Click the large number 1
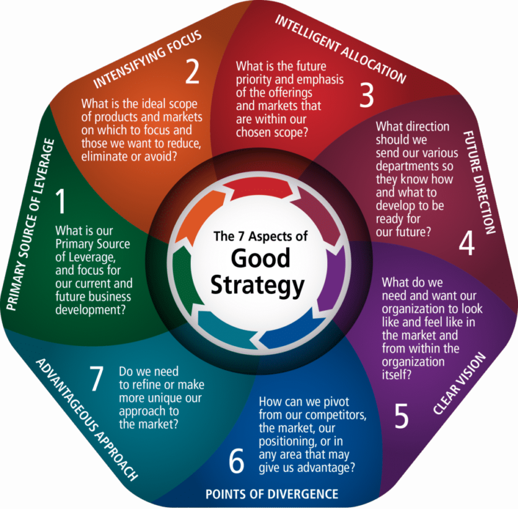[61, 201]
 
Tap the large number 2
[192, 71]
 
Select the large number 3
[366, 95]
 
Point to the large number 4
[467, 243]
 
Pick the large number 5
[402, 416]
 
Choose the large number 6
[237, 461]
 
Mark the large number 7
[97, 378]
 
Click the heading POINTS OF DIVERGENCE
[272, 494]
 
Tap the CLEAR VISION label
[460, 383]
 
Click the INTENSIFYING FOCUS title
[147, 59]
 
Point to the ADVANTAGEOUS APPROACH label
[87, 419]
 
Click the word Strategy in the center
[257, 286]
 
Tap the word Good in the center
[260, 258]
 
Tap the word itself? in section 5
[397, 375]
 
